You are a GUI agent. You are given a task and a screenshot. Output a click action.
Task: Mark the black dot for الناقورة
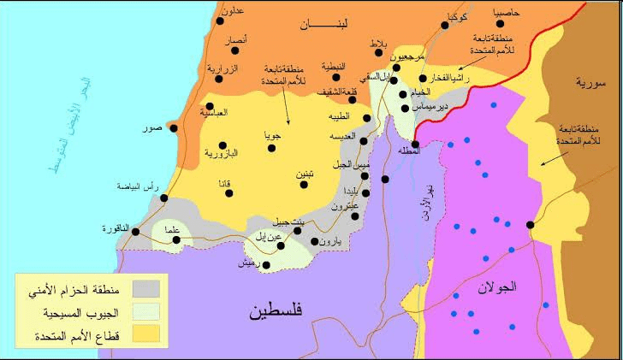[x=136, y=229]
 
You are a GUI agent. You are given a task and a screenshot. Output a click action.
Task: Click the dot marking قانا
[x=228, y=193]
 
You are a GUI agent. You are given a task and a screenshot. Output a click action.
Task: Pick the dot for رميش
[x=266, y=265]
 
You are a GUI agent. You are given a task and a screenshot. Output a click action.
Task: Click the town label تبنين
[x=305, y=174]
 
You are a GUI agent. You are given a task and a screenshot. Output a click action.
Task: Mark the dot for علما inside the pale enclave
[x=177, y=239]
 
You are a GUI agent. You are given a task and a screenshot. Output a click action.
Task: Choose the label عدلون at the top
[x=233, y=11]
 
